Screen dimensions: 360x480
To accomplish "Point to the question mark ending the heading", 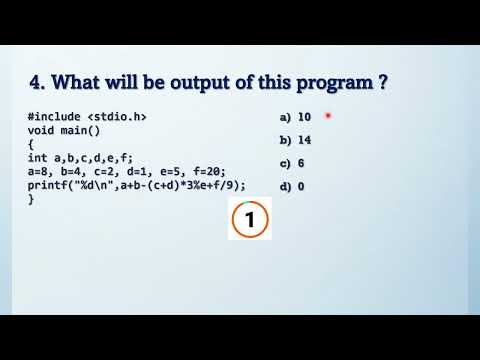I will point(383,82).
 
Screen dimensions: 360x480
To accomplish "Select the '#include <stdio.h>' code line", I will point(88,117).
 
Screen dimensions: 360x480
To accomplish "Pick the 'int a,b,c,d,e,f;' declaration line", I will point(82,157).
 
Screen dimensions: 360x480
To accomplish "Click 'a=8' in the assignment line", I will point(41,171).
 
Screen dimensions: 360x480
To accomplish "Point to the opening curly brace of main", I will point(31,144).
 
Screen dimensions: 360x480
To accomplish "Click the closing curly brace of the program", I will point(31,198).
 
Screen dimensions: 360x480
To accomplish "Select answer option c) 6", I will point(294,163).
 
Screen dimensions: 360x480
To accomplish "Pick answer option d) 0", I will point(294,186).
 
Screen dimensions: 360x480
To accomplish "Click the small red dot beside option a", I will point(328,117).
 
